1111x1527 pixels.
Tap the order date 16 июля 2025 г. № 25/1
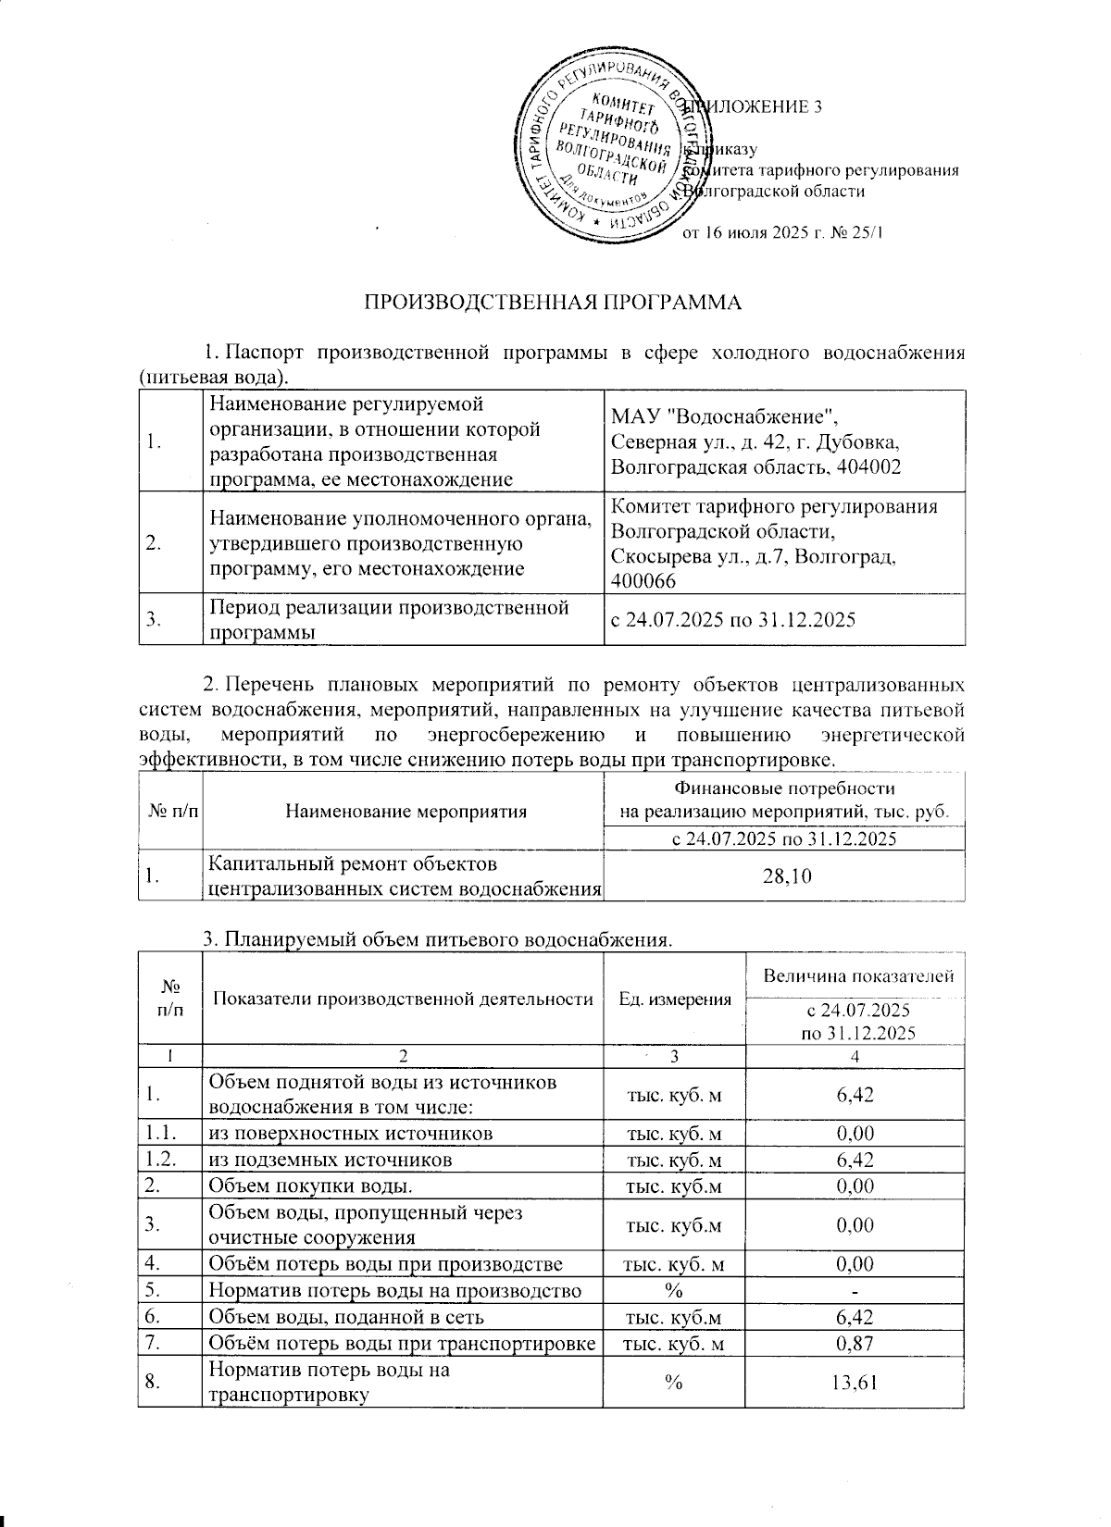click(783, 233)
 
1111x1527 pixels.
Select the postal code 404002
click(868, 466)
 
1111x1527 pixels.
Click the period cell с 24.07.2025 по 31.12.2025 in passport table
click(731, 620)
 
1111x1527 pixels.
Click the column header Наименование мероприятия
click(406, 812)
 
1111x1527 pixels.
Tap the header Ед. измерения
click(674, 999)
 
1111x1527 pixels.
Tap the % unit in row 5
click(673, 1290)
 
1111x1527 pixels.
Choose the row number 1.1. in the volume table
click(159, 1134)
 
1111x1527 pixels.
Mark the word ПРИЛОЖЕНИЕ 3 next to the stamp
click(759, 107)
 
